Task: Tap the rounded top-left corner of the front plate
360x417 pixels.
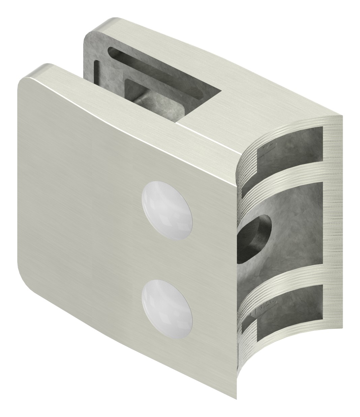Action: click(x=25, y=83)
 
